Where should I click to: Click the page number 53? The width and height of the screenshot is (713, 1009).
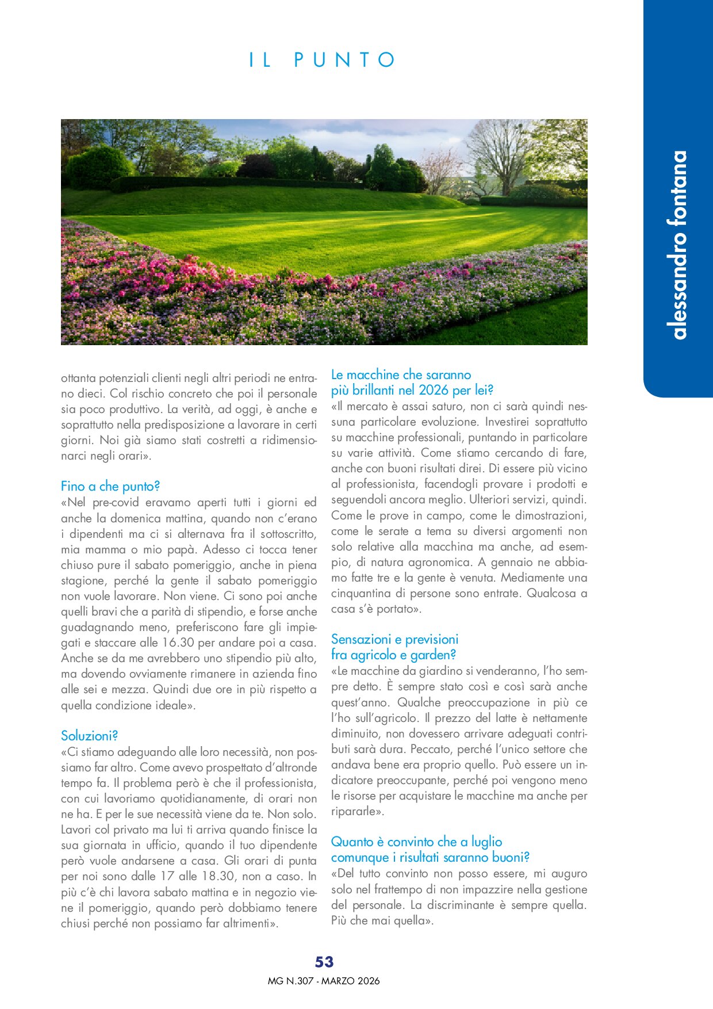pyautogui.click(x=324, y=962)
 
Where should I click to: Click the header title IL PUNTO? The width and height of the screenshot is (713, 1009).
pyautogui.click(x=323, y=60)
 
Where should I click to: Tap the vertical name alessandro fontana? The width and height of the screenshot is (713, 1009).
pyautogui.click(x=679, y=245)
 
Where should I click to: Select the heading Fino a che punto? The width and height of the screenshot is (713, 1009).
pyautogui.click(x=110, y=486)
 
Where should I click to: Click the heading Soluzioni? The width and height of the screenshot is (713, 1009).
pyautogui.click(x=90, y=736)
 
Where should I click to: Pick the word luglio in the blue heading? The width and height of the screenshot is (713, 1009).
pyautogui.click(x=486, y=842)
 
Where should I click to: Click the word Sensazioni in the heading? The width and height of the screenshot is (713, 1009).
pyautogui.click(x=361, y=639)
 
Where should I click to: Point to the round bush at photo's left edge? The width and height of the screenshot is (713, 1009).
pyautogui.click(x=98, y=167)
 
